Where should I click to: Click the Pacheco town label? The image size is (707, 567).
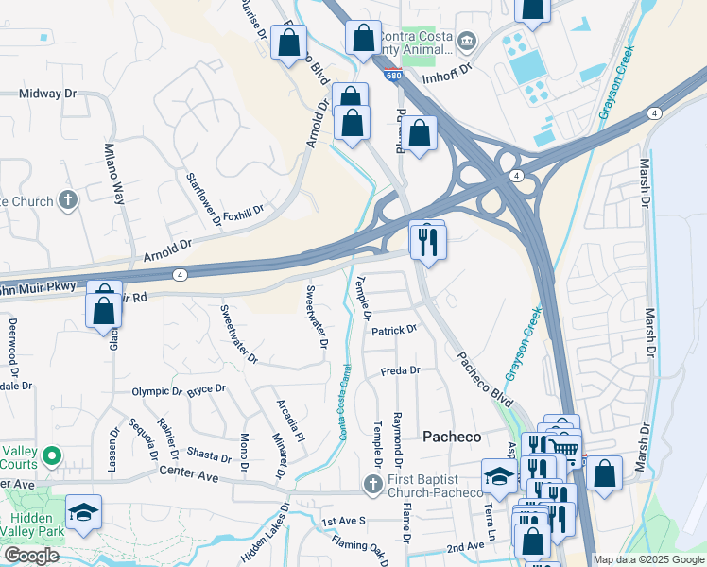click(x=451, y=437)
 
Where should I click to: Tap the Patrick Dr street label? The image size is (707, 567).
click(x=393, y=331)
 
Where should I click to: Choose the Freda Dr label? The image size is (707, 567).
click(x=400, y=371)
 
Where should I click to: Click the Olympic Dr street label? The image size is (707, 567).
click(x=156, y=390)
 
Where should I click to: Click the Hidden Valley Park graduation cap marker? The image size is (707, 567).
click(x=83, y=512)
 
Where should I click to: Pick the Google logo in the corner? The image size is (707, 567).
click(x=32, y=556)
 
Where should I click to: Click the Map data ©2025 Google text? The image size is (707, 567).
click(x=647, y=559)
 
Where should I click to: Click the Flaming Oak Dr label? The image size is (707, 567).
click(x=360, y=549)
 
